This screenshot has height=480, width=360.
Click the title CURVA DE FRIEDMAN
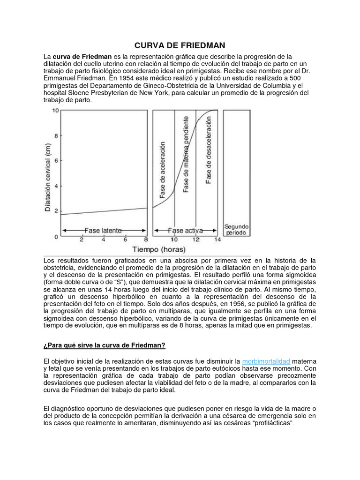click(180, 45)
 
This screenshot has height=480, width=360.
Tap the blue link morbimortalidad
click(266, 361)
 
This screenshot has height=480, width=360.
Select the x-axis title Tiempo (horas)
click(158, 249)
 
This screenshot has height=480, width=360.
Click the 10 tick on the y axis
click(55, 111)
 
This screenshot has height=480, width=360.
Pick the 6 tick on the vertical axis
click(56, 161)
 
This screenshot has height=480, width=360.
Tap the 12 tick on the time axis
click(196, 240)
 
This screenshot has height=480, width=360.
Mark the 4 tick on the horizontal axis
click(104, 240)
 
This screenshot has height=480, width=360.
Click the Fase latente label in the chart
click(103, 230)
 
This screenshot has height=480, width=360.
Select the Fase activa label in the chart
click(185, 230)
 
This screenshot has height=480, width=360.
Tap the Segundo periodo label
click(237, 229)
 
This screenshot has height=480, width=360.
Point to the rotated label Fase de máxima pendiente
click(186, 154)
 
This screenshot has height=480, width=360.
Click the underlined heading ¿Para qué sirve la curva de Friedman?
click(105, 345)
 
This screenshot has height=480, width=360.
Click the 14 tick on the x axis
click(217, 240)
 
